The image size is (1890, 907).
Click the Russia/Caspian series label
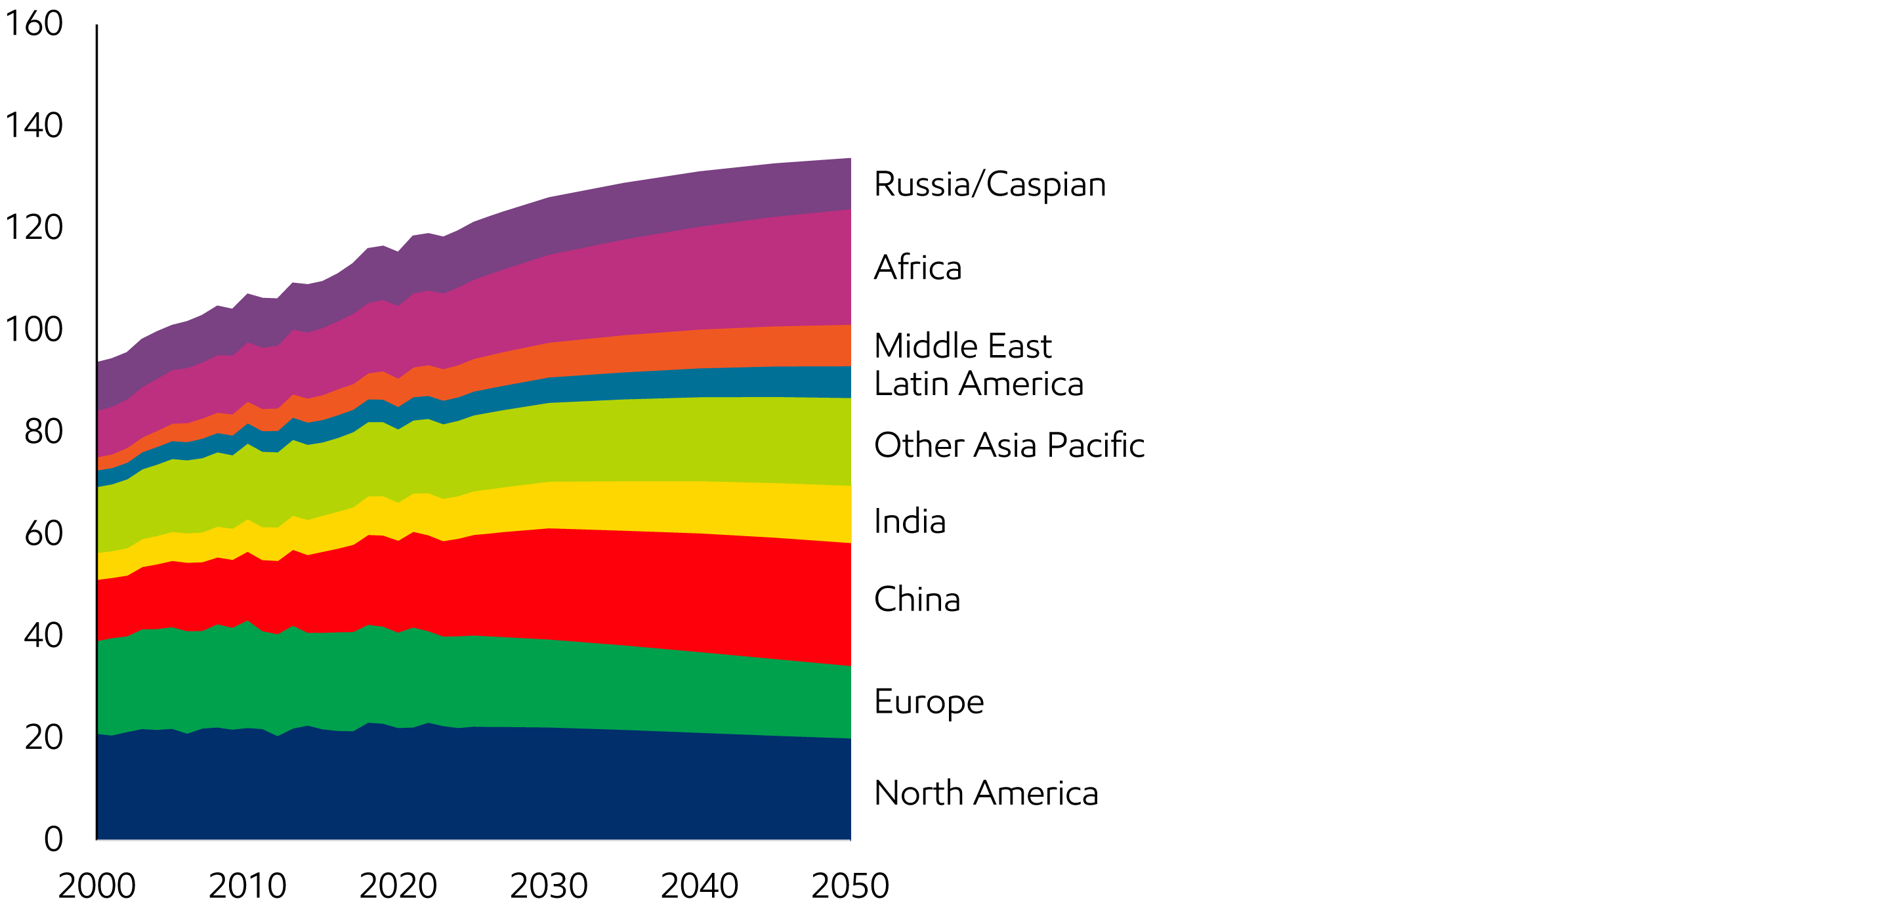tap(989, 184)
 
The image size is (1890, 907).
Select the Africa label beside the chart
tap(917, 267)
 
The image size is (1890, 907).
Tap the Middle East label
tap(963, 346)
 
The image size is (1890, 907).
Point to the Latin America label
tap(978, 384)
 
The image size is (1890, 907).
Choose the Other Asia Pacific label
tap(1009, 445)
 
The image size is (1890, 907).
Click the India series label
tap(910, 522)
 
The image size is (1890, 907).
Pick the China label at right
tap(917, 600)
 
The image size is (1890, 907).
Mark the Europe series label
tap(929, 702)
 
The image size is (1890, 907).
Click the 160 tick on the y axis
tap(33, 24)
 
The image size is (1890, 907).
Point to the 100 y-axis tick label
tap(33, 329)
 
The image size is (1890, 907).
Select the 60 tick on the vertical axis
tap(43, 534)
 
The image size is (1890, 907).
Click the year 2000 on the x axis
tap(97, 886)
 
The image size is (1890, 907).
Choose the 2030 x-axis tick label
tap(549, 886)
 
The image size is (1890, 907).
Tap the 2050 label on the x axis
tap(850, 886)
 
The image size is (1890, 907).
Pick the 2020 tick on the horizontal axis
tap(398, 886)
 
